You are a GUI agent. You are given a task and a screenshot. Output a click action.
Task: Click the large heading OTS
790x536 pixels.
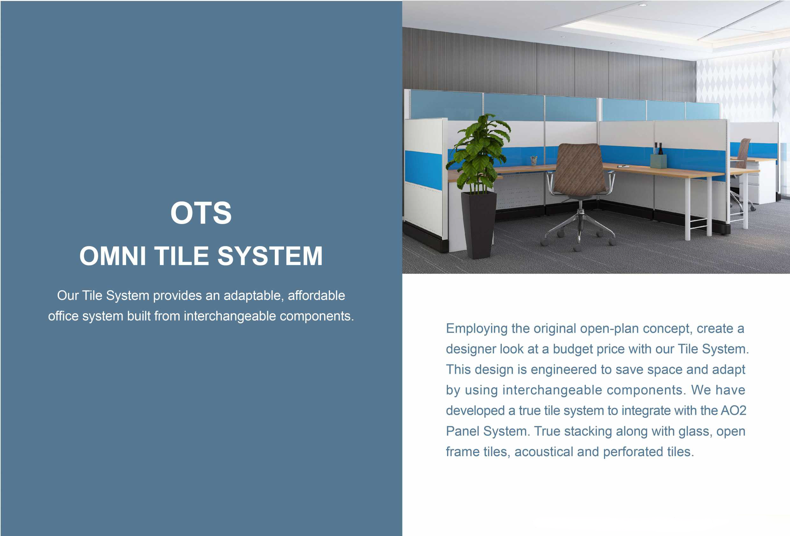pos(201,213)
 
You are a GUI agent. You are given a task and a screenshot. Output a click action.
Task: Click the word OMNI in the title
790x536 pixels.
pos(113,256)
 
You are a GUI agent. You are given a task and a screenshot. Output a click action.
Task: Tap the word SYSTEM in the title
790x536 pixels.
pos(270,256)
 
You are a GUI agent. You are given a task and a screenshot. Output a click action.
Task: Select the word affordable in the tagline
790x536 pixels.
pos(317,296)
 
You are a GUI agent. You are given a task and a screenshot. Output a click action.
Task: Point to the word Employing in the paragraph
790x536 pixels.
pos(477,329)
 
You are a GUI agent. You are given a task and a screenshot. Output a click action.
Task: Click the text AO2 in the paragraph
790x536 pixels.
pos(733,411)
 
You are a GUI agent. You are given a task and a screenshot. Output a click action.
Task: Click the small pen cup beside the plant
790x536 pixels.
pos(534,161)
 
